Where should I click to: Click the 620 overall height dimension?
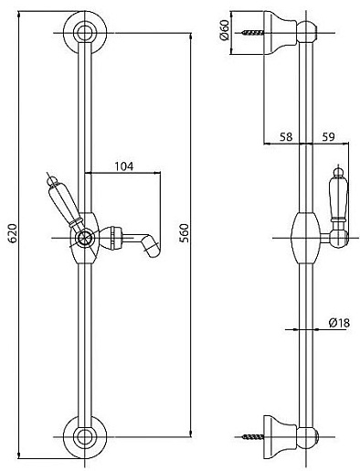pyautogui.click(x=13, y=233)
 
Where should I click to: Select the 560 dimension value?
pyautogui.click(x=184, y=233)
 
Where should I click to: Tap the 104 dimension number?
pyautogui.click(x=124, y=166)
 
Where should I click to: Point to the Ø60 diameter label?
pyautogui.click(x=224, y=30)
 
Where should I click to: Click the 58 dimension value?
pyautogui.click(x=285, y=137)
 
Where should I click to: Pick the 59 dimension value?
pyautogui.click(x=328, y=137)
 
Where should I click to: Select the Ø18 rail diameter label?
pyautogui.click(x=339, y=323)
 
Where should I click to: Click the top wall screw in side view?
pyautogui.click(x=253, y=32)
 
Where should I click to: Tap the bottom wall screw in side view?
pyautogui.click(x=253, y=437)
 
